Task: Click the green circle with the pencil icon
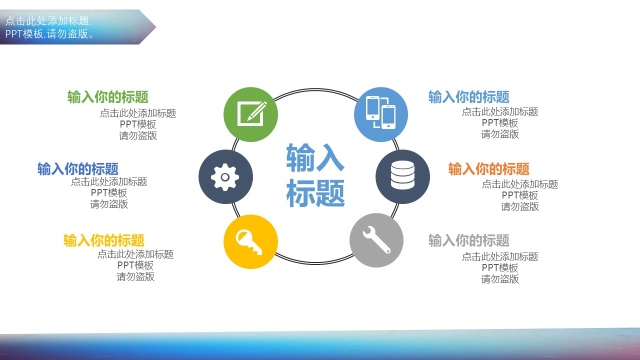(250, 114)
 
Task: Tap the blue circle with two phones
(381, 114)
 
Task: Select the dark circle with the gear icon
(225, 177)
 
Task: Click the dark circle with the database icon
(402, 177)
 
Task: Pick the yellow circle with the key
(250, 241)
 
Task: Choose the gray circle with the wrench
(376, 240)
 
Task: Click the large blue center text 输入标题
(315, 175)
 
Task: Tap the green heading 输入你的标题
(108, 97)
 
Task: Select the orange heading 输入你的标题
(489, 169)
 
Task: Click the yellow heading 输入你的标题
(104, 240)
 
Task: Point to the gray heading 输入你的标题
(469, 240)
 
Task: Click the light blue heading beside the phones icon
(469, 97)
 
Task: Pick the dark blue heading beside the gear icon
(78, 169)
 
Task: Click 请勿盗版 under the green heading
(138, 135)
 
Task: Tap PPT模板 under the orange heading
(520, 195)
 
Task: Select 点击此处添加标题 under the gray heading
(500, 256)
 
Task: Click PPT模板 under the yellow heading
(135, 265)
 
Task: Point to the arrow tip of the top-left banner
(156, 27)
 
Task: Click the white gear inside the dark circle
(225, 177)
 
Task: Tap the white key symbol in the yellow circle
(249, 242)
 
